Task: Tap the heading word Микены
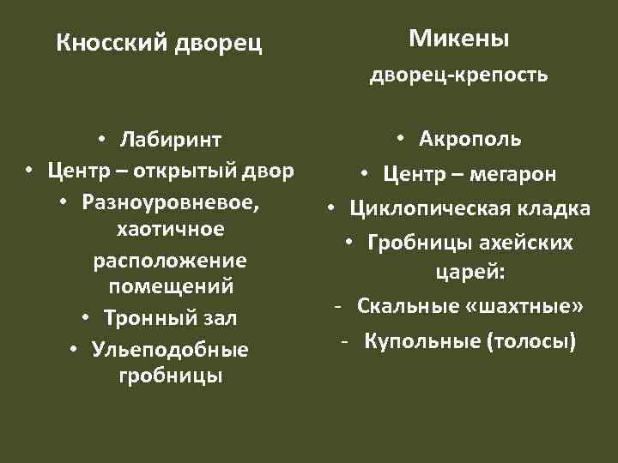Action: pos(458,39)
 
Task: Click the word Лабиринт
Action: pos(171,140)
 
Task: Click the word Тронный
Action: pos(142,318)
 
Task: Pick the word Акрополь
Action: pos(470,138)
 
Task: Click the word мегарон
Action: pos(514,175)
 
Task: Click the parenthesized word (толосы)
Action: pos(531,341)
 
